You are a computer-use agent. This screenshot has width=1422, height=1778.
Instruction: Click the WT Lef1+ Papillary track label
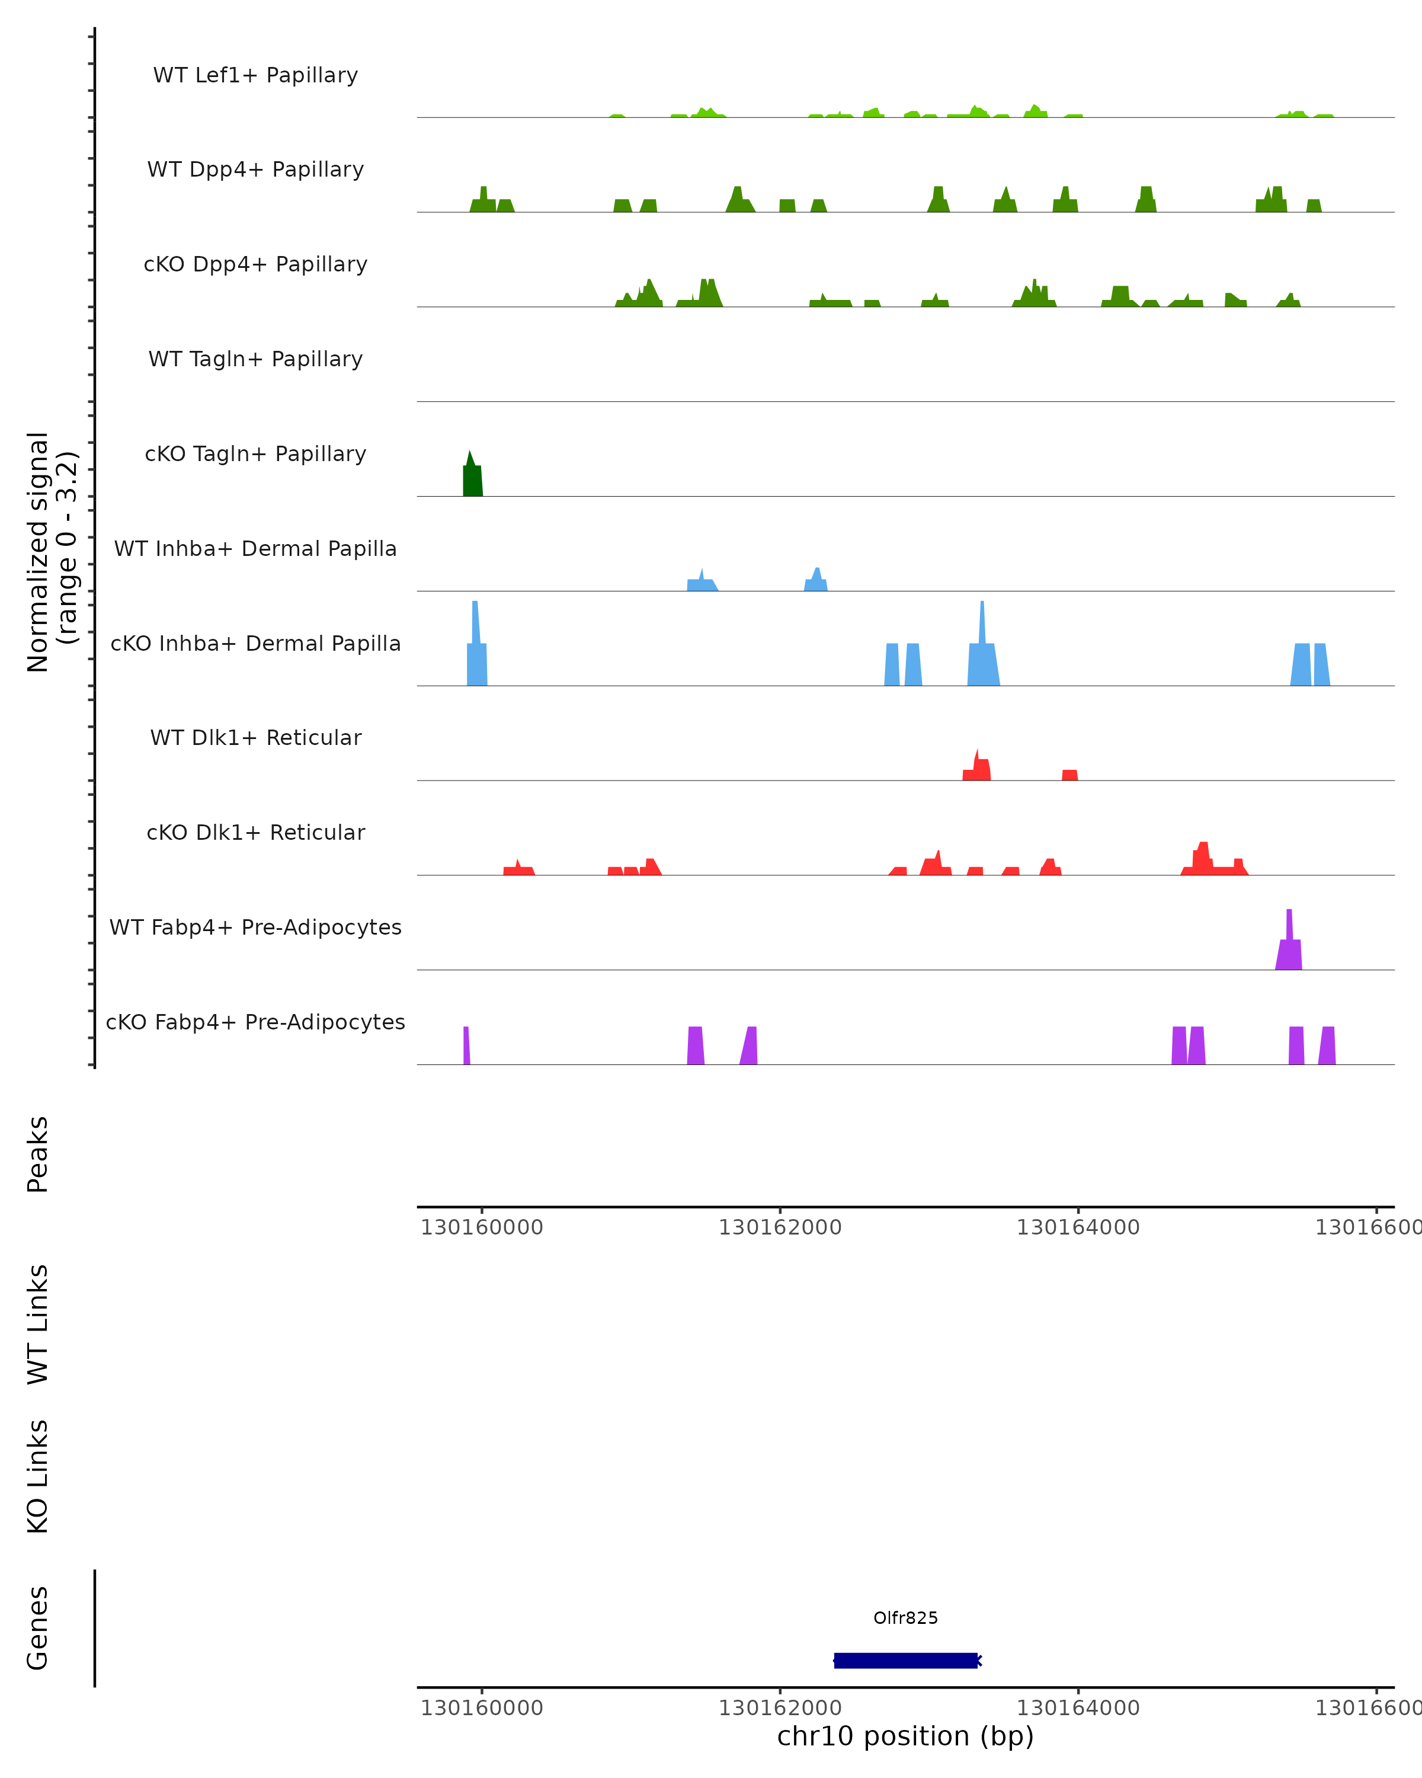coord(255,75)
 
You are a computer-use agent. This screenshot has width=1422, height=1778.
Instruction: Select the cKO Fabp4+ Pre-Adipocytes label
coord(255,1022)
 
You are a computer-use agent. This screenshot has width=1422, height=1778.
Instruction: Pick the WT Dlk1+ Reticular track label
coord(255,737)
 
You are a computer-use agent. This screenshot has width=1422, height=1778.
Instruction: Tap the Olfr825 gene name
coord(906,1618)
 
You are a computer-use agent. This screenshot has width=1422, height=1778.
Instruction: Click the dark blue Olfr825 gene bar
coord(906,1660)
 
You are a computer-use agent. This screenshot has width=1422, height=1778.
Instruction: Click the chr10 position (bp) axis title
coord(905,1736)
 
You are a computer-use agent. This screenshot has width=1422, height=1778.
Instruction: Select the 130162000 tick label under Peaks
coord(780,1227)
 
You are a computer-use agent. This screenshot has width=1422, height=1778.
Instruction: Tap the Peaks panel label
coord(38,1154)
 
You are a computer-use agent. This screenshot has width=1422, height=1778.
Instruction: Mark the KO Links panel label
coord(38,1476)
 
